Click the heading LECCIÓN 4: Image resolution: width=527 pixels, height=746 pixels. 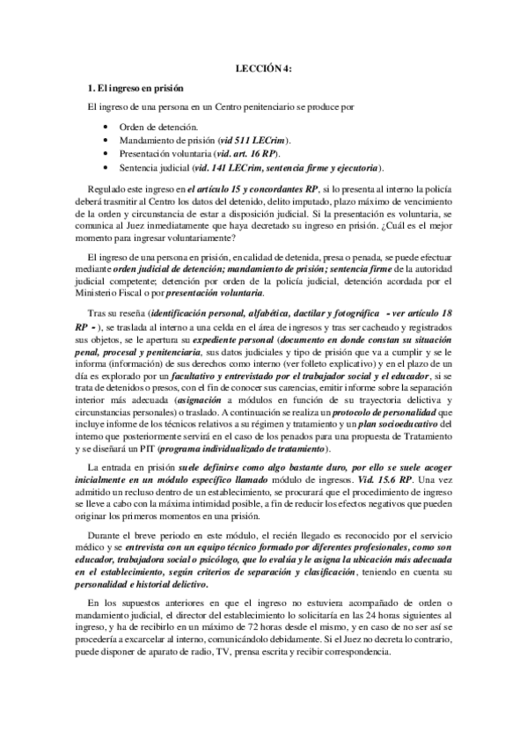click(263, 67)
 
